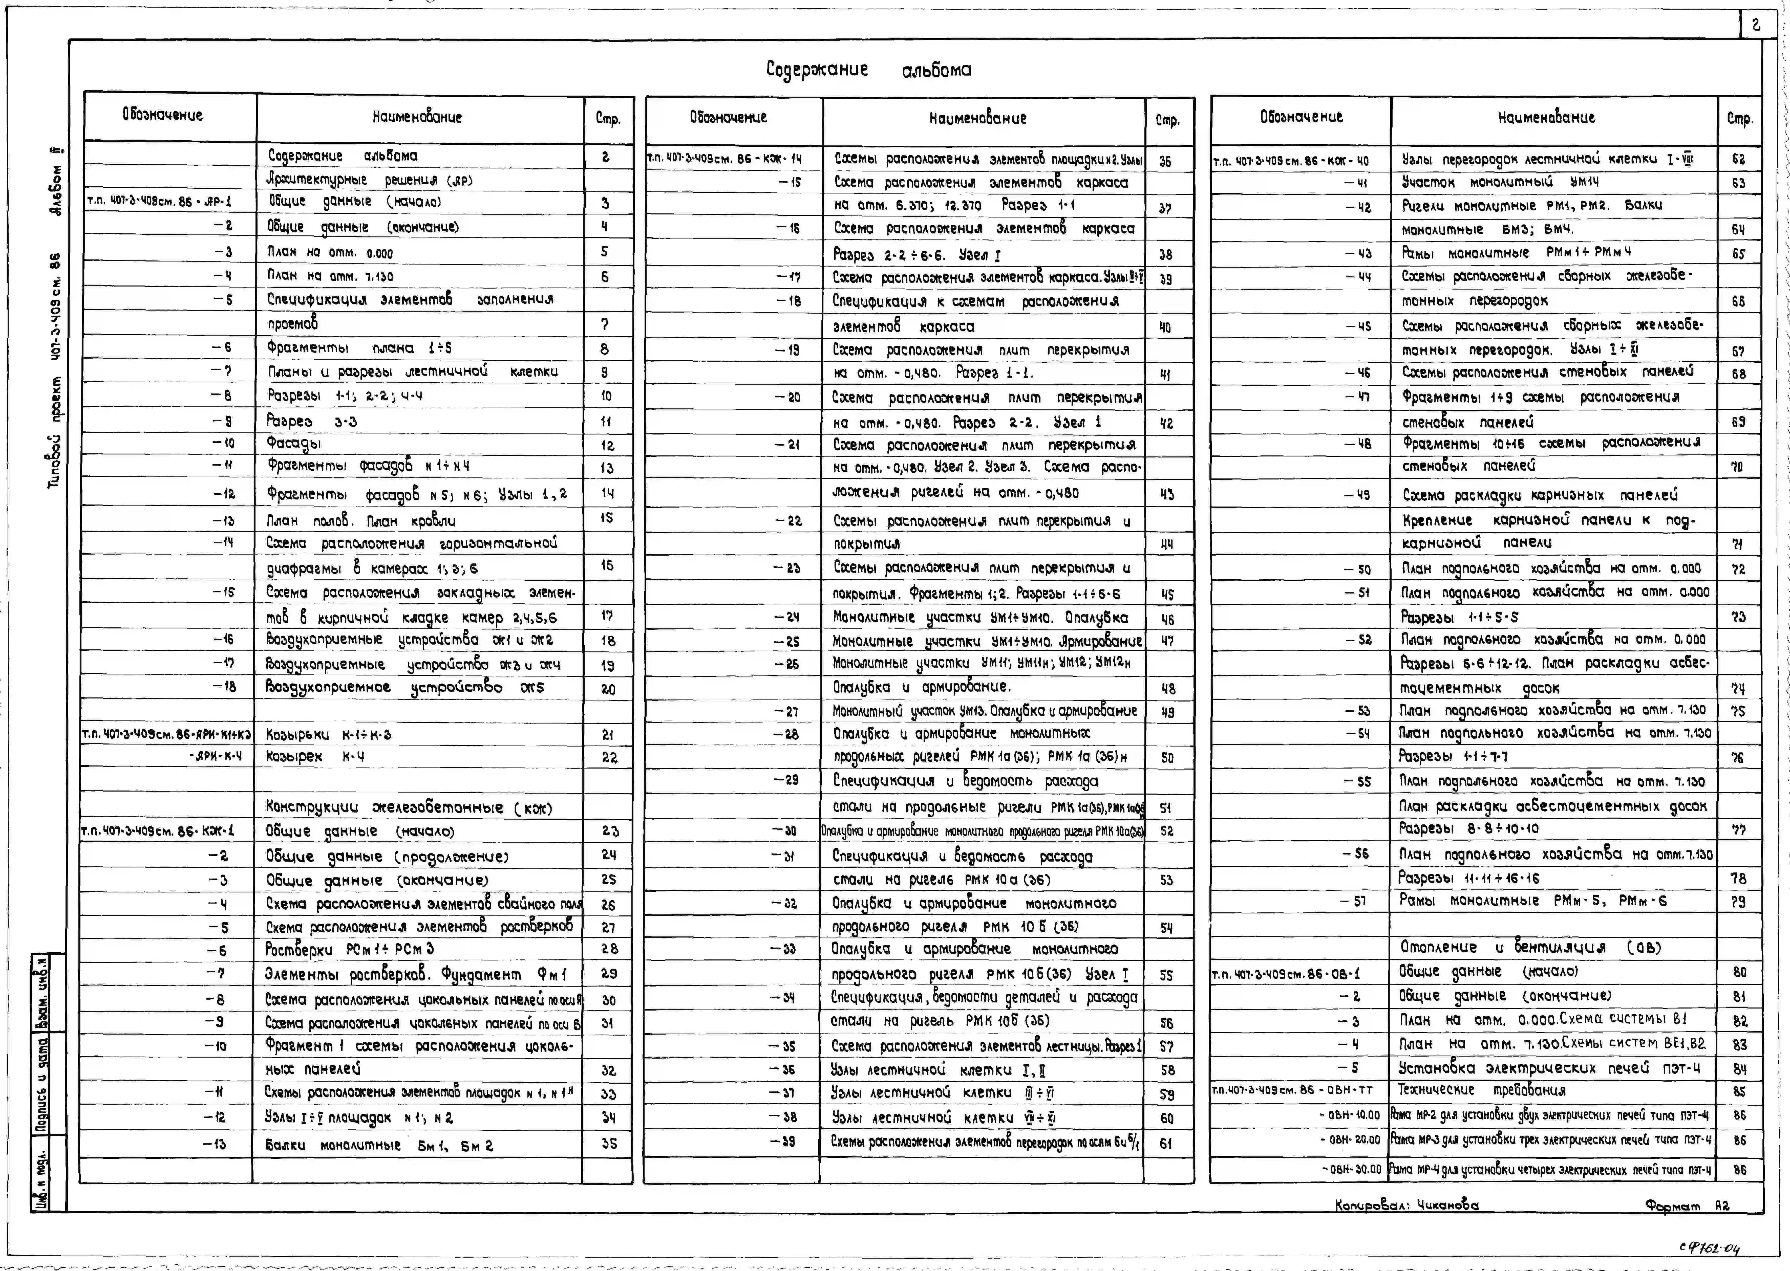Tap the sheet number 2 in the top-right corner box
pos(1756,25)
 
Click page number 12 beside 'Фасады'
pos(607,445)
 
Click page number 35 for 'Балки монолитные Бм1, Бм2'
pos(608,1144)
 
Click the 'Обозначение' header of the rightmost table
pos(1301,117)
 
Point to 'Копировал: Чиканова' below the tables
pos(1407,1205)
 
